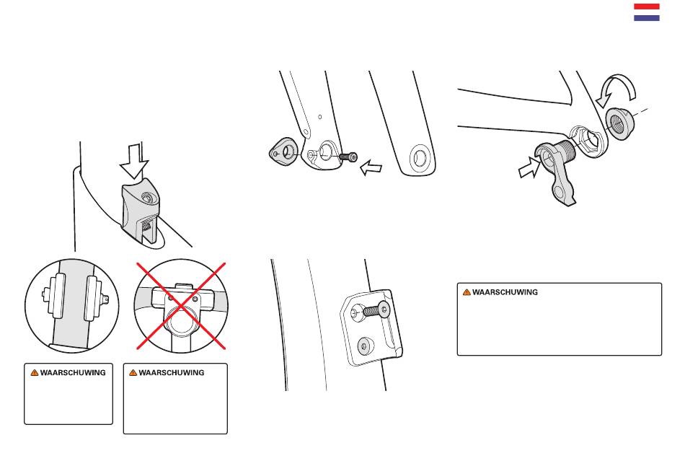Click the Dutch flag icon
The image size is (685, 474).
pos(647,12)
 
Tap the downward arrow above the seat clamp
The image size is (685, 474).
pos(135,160)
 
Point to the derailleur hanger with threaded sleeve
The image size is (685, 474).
pos(557,168)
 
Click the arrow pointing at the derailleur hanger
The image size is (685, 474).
pos(529,167)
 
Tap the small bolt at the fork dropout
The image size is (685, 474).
pos(348,157)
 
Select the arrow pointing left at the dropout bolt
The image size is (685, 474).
pos(371,168)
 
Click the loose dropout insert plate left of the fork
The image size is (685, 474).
pos(283,152)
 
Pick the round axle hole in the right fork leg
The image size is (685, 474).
pos(420,158)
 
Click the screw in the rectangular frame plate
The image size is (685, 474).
pos(376,310)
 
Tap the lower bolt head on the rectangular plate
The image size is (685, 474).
pos(365,346)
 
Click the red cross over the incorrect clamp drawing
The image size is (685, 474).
pos(181,306)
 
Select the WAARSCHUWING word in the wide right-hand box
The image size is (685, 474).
pos(505,292)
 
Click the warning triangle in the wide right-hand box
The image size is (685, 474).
pos(467,292)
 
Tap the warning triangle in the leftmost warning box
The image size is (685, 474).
pos(35,372)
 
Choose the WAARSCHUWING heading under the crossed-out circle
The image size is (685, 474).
pos(172,372)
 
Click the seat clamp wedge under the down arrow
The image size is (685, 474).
pos(141,209)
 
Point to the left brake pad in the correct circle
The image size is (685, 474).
pos(56,296)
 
